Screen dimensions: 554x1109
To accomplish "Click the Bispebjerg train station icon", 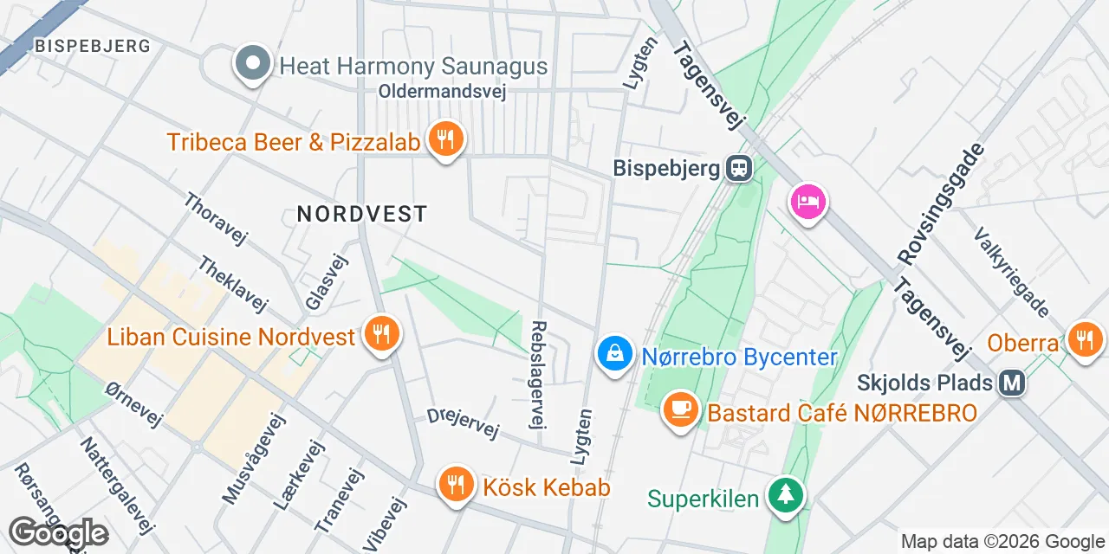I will [738, 168].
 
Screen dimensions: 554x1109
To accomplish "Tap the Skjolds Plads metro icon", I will [1011, 382].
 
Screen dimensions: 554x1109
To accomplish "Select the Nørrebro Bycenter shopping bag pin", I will [614, 354].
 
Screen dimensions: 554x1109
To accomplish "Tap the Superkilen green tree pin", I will [786, 495].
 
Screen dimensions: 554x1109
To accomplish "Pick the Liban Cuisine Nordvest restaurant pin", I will [379, 333].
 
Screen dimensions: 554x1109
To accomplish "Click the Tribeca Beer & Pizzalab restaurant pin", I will [445, 139].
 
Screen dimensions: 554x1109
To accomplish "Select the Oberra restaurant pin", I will [1084, 339].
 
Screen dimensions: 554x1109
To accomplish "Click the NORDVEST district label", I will [362, 213].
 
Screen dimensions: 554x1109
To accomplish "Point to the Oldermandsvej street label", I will [442, 91].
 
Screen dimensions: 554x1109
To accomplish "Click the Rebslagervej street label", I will [539, 374].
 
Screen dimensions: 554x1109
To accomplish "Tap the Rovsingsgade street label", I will [942, 203].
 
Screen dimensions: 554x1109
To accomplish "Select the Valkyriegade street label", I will [1012, 272].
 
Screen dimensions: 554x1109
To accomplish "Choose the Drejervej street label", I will [464, 422].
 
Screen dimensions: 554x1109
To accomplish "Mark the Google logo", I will [58, 533].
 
